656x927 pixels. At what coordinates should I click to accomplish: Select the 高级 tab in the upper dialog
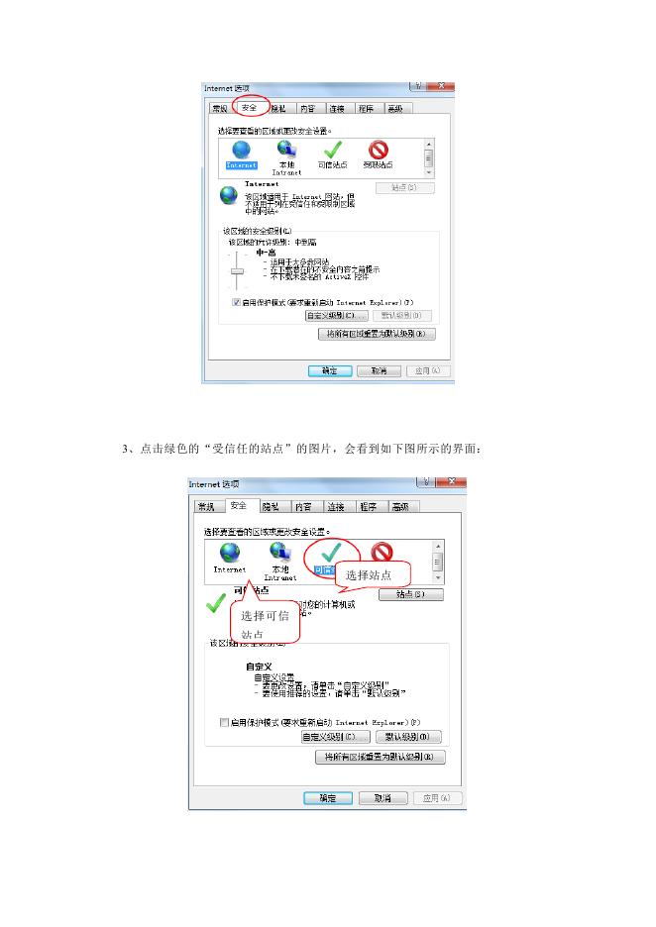coord(395,108)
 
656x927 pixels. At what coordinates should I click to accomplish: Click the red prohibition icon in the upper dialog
coord(378,150)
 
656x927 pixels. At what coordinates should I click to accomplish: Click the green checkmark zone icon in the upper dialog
coord(331,150)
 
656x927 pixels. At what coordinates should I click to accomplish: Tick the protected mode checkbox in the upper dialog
coord(236,301)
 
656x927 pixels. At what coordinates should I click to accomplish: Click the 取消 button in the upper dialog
coord(378,370)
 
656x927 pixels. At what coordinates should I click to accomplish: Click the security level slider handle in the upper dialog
coord(237,269)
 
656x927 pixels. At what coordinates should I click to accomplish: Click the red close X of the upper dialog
coord(441,88)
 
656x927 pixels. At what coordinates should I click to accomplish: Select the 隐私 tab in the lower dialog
coord(270,506)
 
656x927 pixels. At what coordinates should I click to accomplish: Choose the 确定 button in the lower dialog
coord(327,797)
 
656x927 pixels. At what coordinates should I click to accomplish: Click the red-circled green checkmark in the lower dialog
coord(331,552)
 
